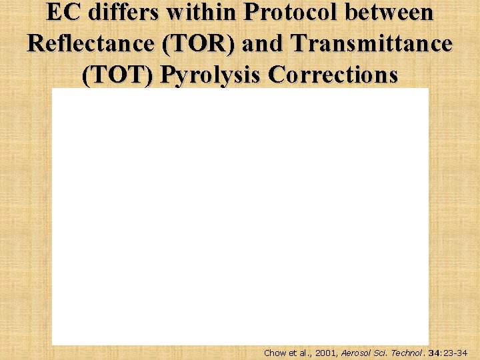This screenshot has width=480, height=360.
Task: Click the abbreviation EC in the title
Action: click(61, 13)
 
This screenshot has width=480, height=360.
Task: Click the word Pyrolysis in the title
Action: click(210, 75)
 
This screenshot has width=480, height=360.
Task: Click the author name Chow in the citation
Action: click(275, 353)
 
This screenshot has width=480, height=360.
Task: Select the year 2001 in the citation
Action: click(323, 353)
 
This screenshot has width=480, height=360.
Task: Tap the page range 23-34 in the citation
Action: click(457, 353)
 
